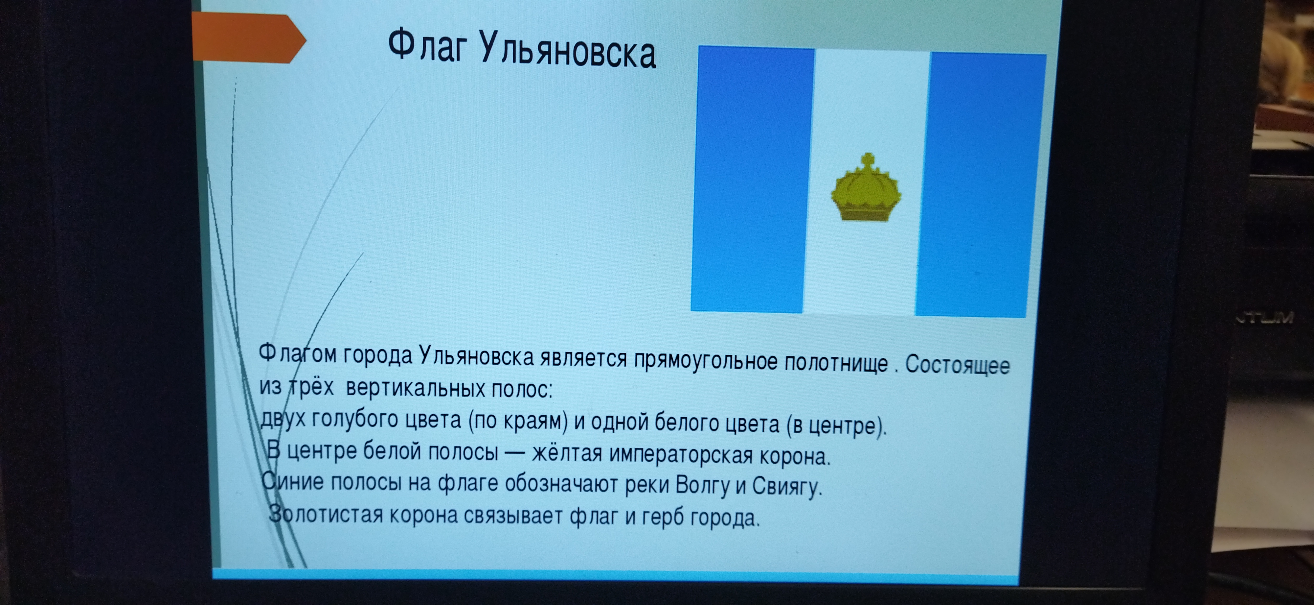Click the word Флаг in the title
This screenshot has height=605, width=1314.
click(x=427, y=46)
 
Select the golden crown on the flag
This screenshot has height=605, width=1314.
click(x=866, y=188)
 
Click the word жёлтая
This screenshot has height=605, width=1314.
click(x=567, y=453)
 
